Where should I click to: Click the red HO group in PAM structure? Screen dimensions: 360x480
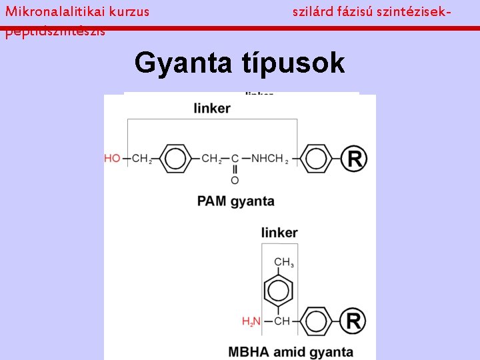[x=112, y=159]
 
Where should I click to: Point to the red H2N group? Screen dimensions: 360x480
[x=251, y=321]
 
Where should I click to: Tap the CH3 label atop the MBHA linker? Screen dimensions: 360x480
[x=283, y=262]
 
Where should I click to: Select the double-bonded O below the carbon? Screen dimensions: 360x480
[x=235, y=180]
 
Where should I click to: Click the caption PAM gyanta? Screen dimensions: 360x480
[x=235, y=201]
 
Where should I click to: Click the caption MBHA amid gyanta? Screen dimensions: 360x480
[x=290, y=351]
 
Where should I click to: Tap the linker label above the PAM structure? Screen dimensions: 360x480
[x=212, y=108]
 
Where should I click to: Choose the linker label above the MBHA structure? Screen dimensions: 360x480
[x=279, y=233]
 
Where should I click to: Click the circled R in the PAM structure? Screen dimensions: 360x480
[x=354, y=159]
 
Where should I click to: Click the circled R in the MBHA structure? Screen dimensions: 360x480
[x=353, y=321]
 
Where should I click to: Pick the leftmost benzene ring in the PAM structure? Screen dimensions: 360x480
[x=175, y=159]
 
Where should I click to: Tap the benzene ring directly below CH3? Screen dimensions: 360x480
[x=279, y=291]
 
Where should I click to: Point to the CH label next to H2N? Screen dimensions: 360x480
[x=282, y=321]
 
